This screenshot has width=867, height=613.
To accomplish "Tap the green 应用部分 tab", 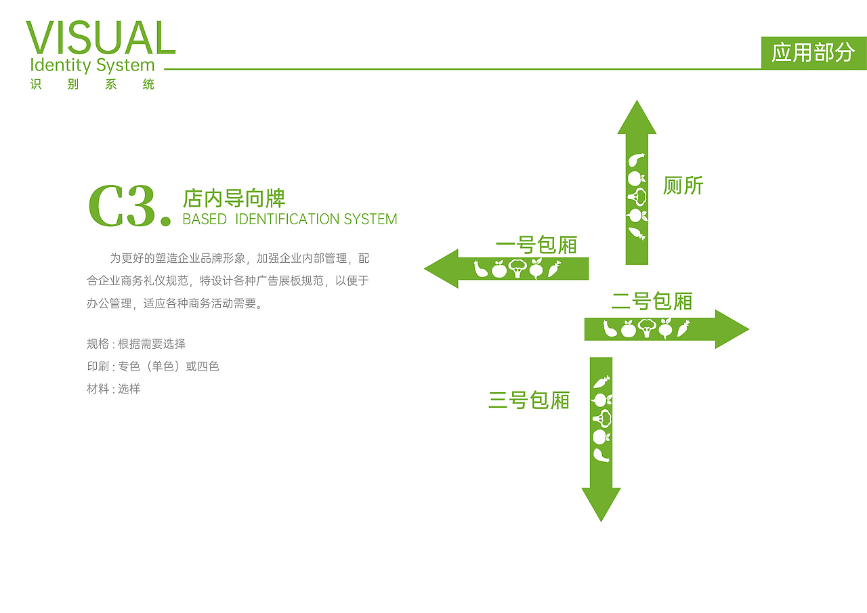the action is pos(813,52).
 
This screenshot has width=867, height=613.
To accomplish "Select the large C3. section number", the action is pos(129,206).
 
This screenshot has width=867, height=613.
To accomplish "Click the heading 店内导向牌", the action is pos(234,198).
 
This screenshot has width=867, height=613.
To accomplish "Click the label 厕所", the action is pos(683,186).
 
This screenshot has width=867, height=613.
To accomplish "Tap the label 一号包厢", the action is pos(536,245).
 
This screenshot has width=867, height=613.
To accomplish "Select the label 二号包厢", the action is pos(652,301).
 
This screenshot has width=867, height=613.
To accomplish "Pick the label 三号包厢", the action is pos(529,400).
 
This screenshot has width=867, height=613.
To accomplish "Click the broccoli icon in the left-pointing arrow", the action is pos(517,269).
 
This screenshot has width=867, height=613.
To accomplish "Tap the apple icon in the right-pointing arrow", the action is pos(629,330).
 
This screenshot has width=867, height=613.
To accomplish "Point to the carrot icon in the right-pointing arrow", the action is pos(683,329).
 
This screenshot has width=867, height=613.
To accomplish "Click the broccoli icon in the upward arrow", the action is pos(637,197).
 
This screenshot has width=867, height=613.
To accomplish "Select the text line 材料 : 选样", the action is pos(114,389).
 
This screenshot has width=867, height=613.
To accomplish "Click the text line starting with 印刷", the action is pos(153,366).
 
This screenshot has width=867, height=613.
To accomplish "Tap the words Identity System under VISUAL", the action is pos(93,66).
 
